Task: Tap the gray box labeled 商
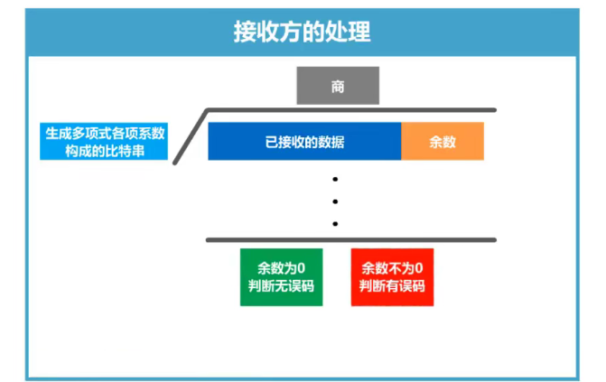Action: (338, 87)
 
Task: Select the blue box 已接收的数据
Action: (304, 142)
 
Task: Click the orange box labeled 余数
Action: (443, 142)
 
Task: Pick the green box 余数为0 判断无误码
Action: (281, 277)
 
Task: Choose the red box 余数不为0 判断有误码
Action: (392, 277)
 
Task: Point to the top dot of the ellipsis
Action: (335, 179)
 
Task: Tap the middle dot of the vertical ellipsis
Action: (335, 200)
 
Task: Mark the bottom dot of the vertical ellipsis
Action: (335, 222)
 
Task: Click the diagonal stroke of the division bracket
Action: (191, 136)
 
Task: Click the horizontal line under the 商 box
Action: (352, 110)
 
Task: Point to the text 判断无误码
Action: (281, 286)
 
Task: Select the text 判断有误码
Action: (392, 286)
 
